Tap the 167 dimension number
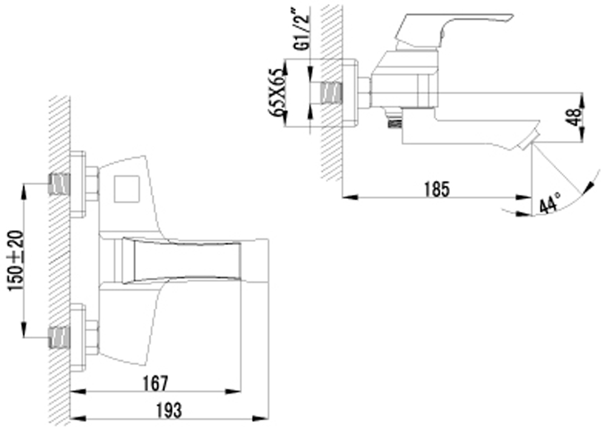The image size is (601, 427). coord(156,383)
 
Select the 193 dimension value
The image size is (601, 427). coord(169,410)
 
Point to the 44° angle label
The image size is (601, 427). coord(549,202)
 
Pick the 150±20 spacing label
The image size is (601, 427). coord(17,261)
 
